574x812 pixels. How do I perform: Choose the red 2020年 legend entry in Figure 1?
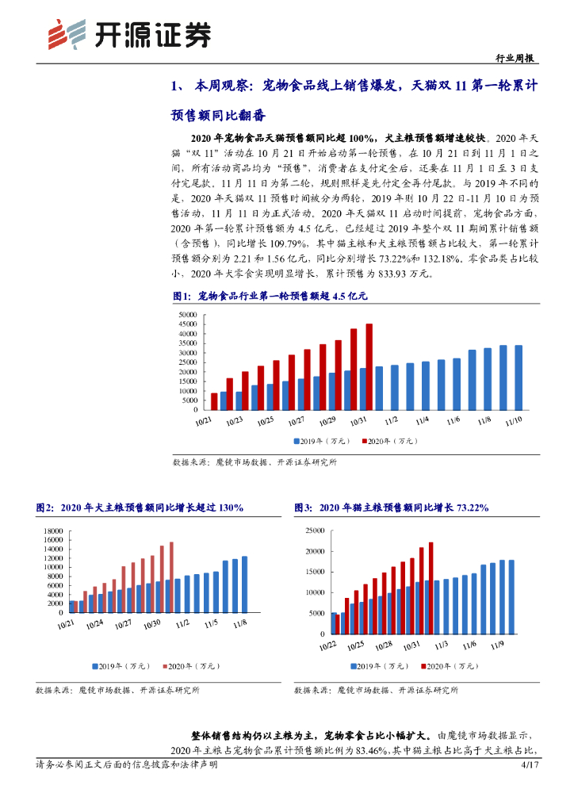click(391, 441)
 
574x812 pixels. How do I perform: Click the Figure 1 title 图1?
click(182, 296)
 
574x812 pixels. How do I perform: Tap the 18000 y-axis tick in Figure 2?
click(52, 530)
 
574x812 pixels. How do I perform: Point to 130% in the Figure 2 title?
click(228, 507)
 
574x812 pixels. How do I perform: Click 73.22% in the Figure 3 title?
click(471, 507)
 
